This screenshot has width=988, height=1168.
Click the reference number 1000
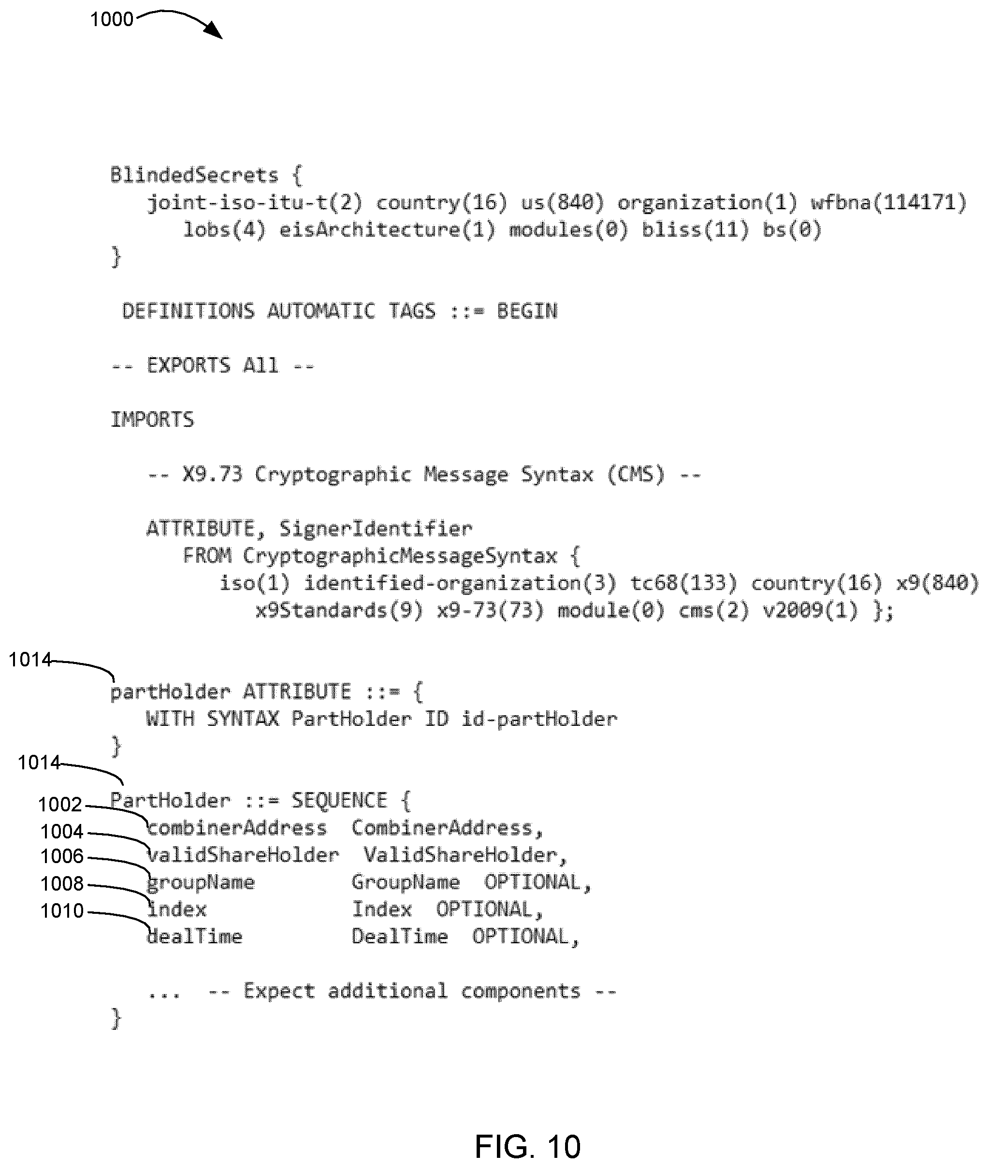[x=112, y=20]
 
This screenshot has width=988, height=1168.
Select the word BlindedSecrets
[x=194, y=175]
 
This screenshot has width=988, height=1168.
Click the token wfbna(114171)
[x=889, y=202]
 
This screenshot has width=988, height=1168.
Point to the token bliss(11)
[x=695, y=230]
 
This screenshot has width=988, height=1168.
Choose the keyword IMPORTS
[x=152, y=419]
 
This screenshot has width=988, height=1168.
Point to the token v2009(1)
[x=810, y=610]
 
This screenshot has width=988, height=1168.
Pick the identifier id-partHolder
[x=539, y=719]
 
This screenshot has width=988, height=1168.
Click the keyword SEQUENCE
[x=339, y=800]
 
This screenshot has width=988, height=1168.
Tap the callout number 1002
[x=60, y=805]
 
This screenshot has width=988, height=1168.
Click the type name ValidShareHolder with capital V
[x=460, y=854]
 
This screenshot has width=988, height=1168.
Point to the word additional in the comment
[x=388, y=991]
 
